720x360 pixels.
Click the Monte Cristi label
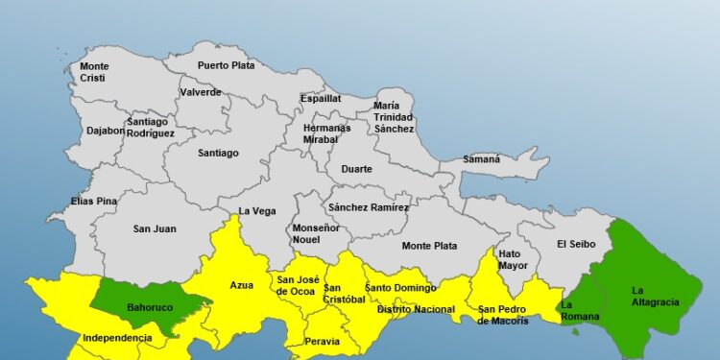[x=94, y=72]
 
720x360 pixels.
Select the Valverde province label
[x=201, y=93]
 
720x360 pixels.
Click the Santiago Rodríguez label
[x=151, y=128]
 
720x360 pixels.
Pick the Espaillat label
[x=321, y=98]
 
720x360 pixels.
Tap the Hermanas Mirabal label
[x=320, y=133]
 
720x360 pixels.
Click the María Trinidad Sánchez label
[x=394, y=117]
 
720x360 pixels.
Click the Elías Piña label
[x=94, y=202]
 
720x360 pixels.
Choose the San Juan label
[x=155, y=228]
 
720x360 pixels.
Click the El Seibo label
[x=576, y=245]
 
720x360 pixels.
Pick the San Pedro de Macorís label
[x=503, y=315]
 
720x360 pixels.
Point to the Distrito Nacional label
[x=416, y=309]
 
